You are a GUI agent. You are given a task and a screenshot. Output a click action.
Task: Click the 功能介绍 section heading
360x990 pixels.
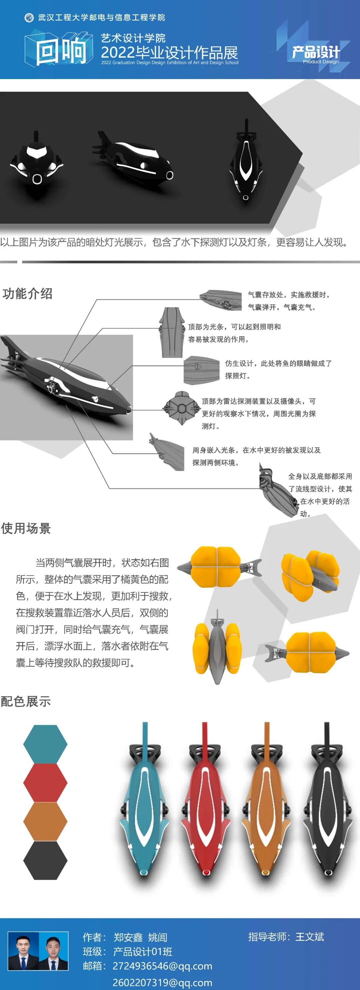[27, 294]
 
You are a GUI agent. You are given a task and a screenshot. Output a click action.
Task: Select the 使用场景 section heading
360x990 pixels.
[26, 529]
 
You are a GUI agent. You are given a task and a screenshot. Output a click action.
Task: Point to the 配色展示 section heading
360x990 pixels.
[26, 701]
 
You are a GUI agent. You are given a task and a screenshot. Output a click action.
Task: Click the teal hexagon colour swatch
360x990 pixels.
[45, 744]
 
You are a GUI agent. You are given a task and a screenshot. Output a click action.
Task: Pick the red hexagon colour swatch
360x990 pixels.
[45, 783]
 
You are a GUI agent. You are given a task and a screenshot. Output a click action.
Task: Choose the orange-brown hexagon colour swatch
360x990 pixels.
[45, 821]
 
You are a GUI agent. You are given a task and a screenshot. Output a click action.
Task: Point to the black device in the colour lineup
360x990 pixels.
[327, 803]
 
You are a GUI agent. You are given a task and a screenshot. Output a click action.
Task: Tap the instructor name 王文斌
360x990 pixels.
[310, 937]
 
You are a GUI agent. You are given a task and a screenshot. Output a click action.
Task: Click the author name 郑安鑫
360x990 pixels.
[128, 937]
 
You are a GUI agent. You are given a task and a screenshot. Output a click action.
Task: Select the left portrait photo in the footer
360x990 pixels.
[23, 950]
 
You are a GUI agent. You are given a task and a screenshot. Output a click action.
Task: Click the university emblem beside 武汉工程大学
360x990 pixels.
[29, 18]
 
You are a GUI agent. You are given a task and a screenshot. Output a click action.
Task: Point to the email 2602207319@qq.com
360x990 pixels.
[162, 982]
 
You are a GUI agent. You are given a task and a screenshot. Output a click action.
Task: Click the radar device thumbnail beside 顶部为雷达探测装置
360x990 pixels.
[181, 408]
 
